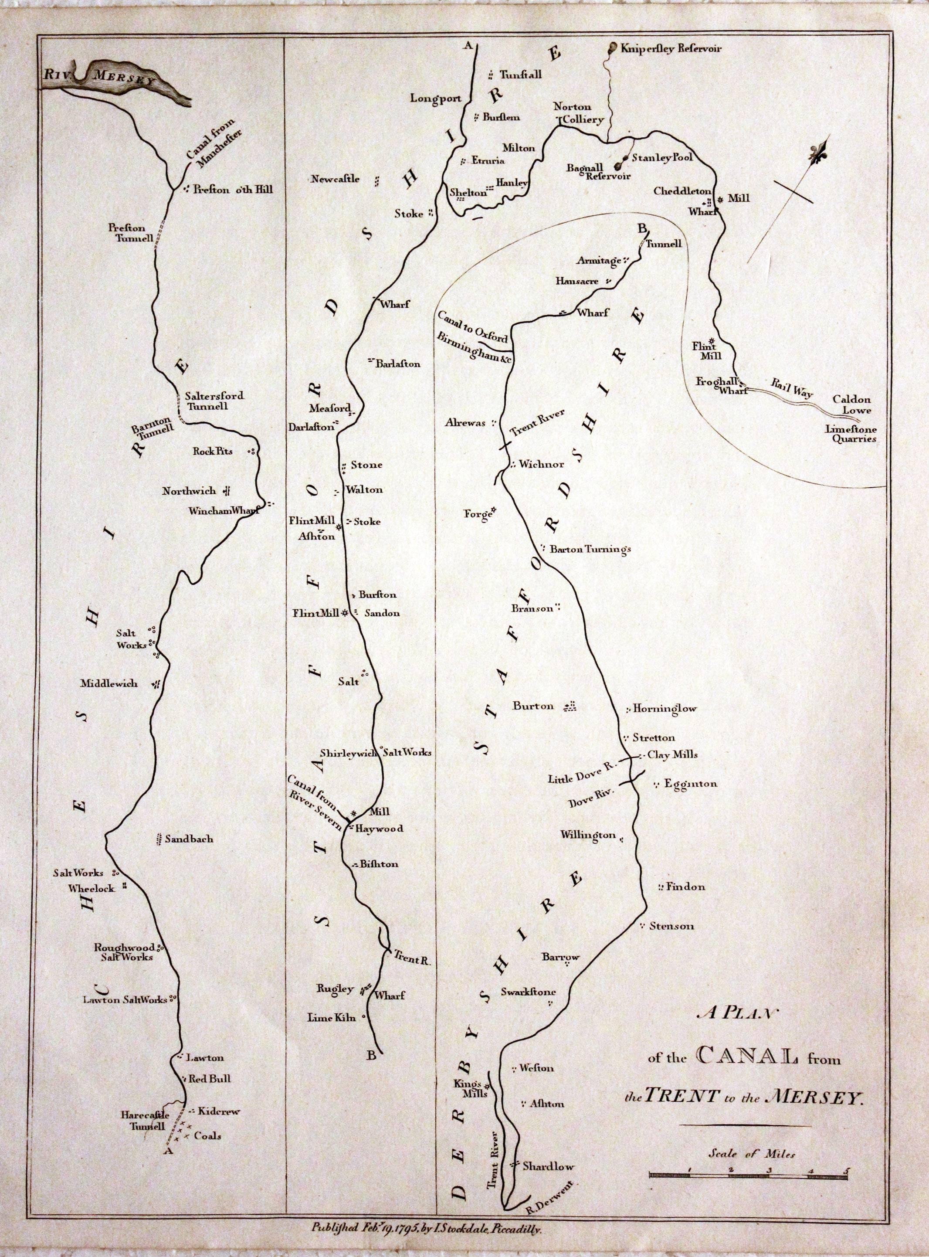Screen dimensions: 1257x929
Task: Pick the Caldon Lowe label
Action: [x=852, y=404]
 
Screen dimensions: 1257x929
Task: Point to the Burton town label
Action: [x=533, y=706]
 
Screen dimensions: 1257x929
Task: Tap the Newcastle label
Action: [x=335, y=180]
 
